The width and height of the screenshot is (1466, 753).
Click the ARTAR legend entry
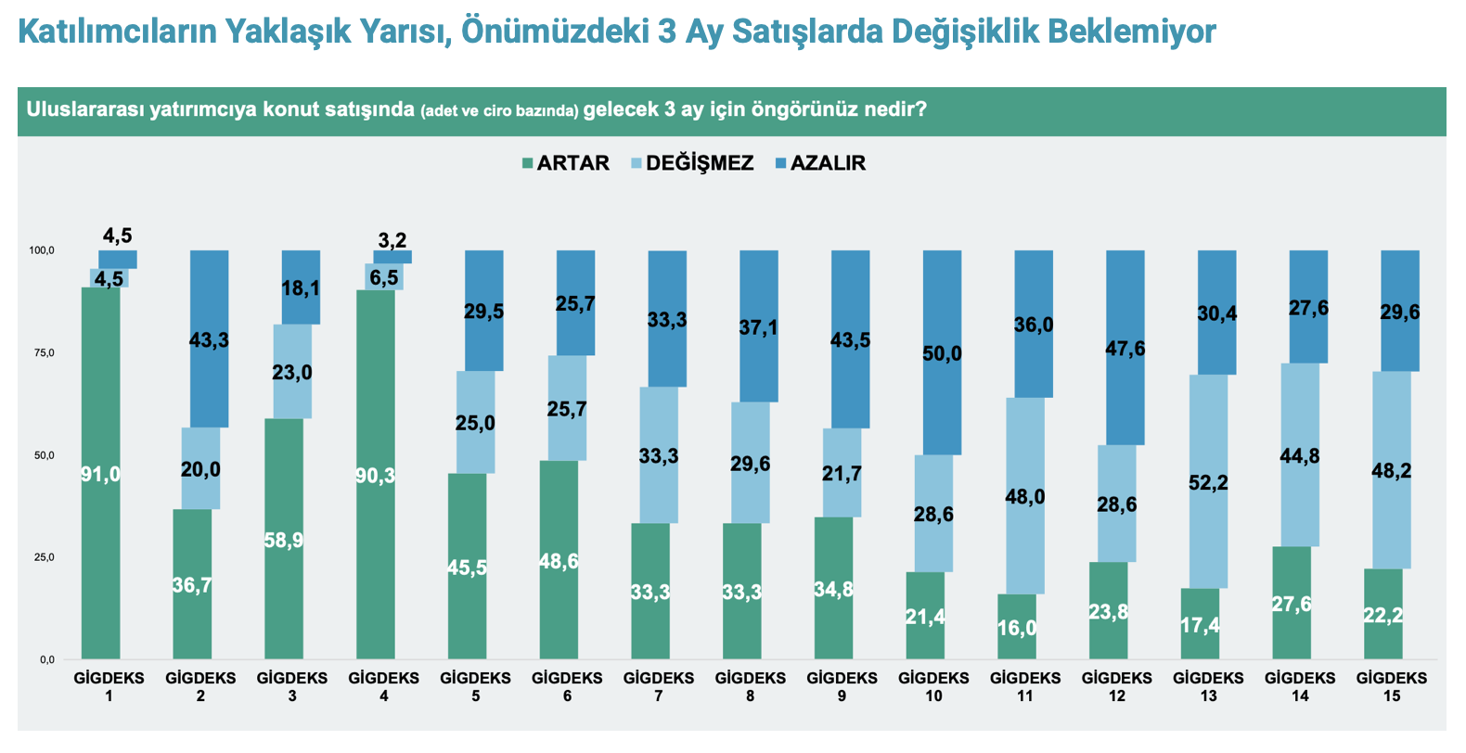566,163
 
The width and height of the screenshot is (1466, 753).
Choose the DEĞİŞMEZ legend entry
692,163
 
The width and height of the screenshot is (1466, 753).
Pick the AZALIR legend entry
820,163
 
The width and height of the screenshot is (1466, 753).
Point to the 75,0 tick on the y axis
42,353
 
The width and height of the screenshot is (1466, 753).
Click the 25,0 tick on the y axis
42,557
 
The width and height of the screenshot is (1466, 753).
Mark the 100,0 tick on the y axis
42,250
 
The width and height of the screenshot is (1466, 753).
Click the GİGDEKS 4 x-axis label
384,686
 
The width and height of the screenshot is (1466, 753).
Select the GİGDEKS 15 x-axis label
1391,686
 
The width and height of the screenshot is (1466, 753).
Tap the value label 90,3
375,476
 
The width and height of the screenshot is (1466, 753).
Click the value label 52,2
1208,482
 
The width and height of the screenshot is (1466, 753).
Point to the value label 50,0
942,353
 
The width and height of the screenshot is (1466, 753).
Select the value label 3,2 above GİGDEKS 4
392,240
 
